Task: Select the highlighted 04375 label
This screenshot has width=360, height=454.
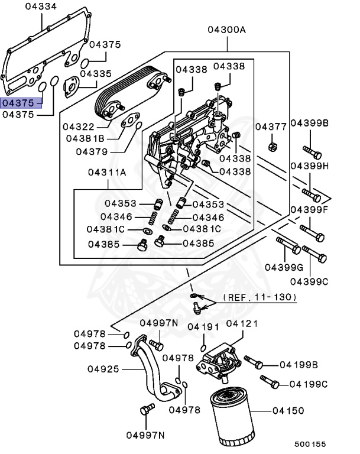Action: click(x=21, y=103)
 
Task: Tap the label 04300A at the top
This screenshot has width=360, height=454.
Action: click(x=226, y=30)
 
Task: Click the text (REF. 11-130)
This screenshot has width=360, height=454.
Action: click(x=260, y=297)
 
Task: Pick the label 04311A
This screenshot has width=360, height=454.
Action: click(x=107, y=173)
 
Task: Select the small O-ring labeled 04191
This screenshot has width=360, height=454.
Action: click(x=203, y=347)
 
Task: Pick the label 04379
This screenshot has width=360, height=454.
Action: click(x=91, y=151)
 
